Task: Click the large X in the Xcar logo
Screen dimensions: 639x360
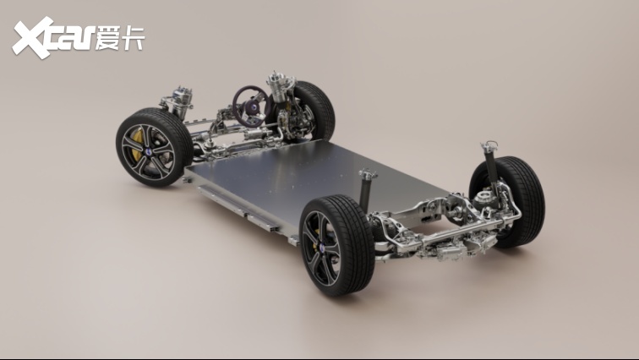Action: [x=34, y=37]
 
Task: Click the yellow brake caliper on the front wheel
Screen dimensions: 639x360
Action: [x=137, y=144]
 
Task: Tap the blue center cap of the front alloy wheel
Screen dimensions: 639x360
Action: [x=149, y=152]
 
